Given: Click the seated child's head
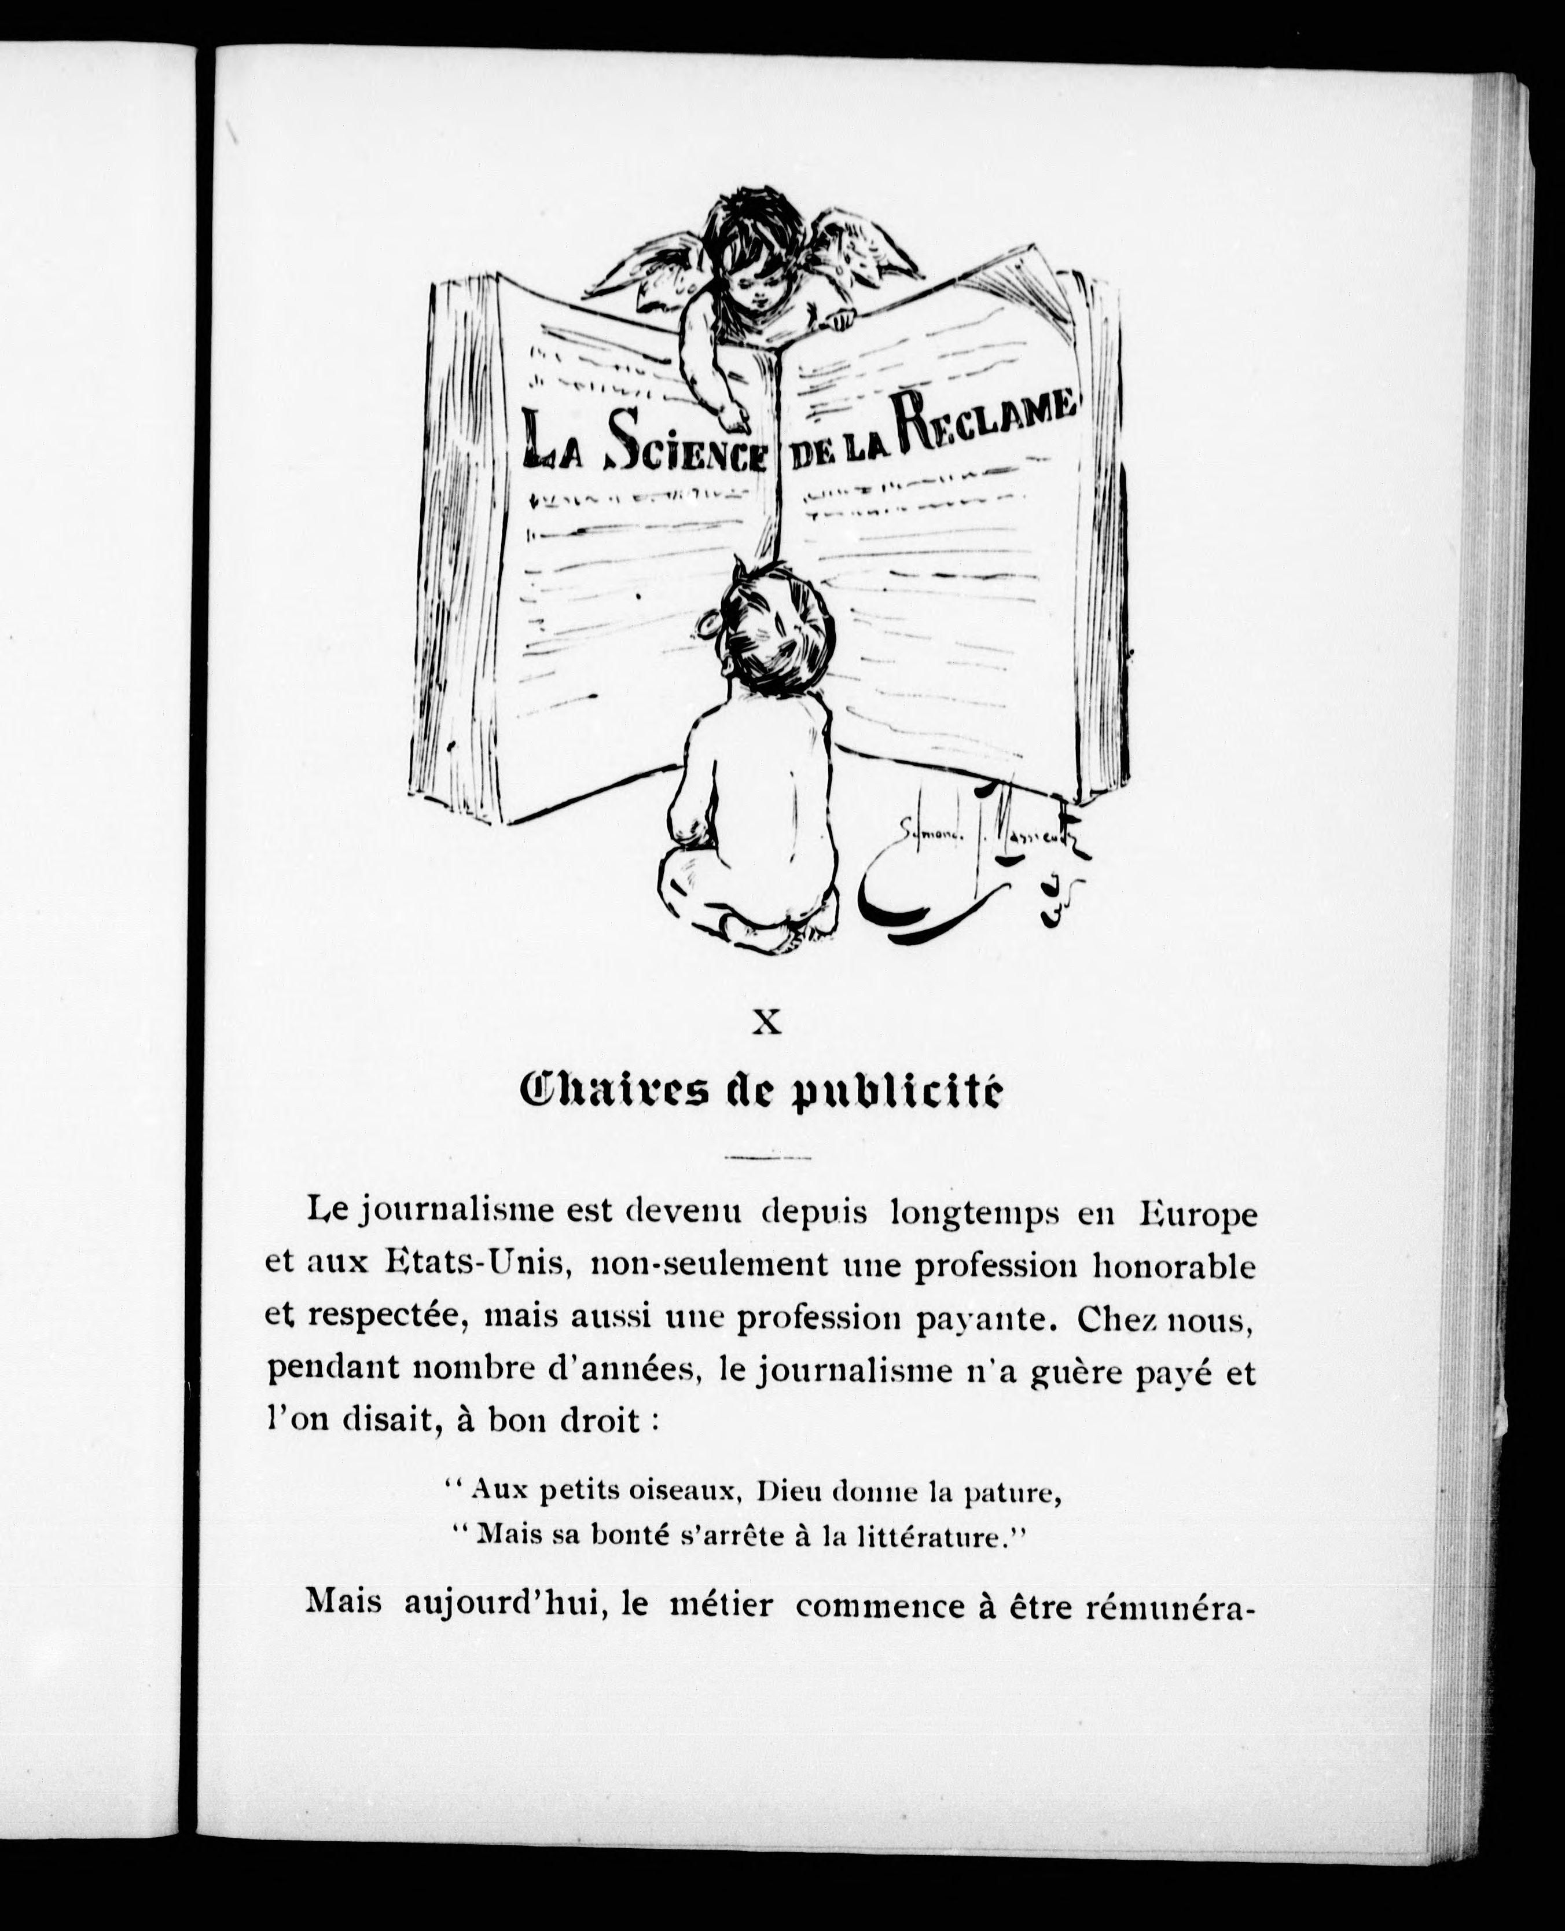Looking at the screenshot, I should (x=776, y=622).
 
